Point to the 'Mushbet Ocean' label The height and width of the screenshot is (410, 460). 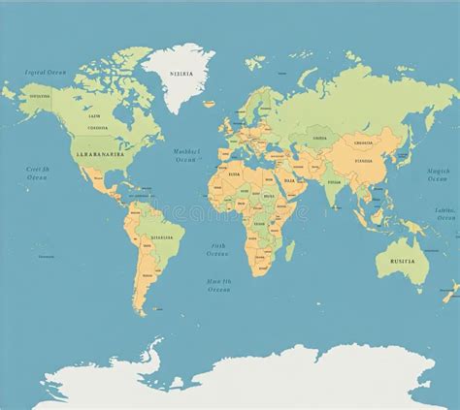(x=187, y=155)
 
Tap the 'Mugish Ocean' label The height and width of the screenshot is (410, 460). (x=439, y=175)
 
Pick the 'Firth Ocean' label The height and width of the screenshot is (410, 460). (x=219, y=251)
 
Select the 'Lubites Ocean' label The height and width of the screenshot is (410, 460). (x=446, y=214)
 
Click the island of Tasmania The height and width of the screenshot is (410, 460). (x=412, y=295)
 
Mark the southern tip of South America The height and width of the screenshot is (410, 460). (x=143, y=312)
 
